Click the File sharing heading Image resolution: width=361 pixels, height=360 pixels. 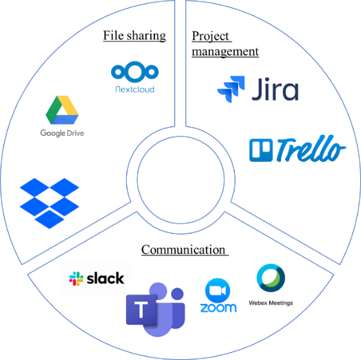point(134,36)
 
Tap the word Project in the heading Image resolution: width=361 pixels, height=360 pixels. point(211,36)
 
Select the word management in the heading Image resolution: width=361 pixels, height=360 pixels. point(225,52)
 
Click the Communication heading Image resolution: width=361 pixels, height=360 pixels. point(183,250)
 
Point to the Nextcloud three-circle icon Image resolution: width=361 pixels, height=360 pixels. point(135,72)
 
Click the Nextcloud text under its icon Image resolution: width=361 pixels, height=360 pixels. point(135,89)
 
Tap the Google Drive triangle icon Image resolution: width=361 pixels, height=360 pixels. point(62,110)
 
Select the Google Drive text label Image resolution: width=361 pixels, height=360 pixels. point(62,133)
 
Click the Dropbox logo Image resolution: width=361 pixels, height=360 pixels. point(50,203)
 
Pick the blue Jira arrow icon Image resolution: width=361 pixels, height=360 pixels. point(231,89)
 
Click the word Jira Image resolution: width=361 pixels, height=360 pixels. point(275,89)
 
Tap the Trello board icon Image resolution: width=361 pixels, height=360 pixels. point(261,150)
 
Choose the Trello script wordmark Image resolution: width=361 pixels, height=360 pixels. point(311,148)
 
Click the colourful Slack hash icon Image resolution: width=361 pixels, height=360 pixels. point(76,279)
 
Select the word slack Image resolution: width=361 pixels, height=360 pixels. point(105,278)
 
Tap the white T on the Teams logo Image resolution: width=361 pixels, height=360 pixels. point(141,310)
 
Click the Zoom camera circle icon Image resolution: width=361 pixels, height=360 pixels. point(218,290)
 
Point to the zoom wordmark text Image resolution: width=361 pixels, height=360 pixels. point(218,308)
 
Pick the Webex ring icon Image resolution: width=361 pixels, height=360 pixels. point(271,278)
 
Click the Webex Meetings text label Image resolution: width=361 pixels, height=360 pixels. point(271,303)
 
